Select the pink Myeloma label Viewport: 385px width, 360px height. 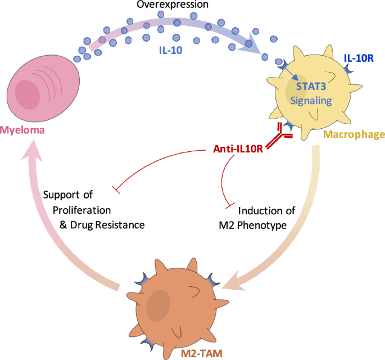(x=22, y=131)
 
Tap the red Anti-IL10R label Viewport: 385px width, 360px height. (x=238, y=150)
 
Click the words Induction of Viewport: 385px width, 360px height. (x=265, y=211)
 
